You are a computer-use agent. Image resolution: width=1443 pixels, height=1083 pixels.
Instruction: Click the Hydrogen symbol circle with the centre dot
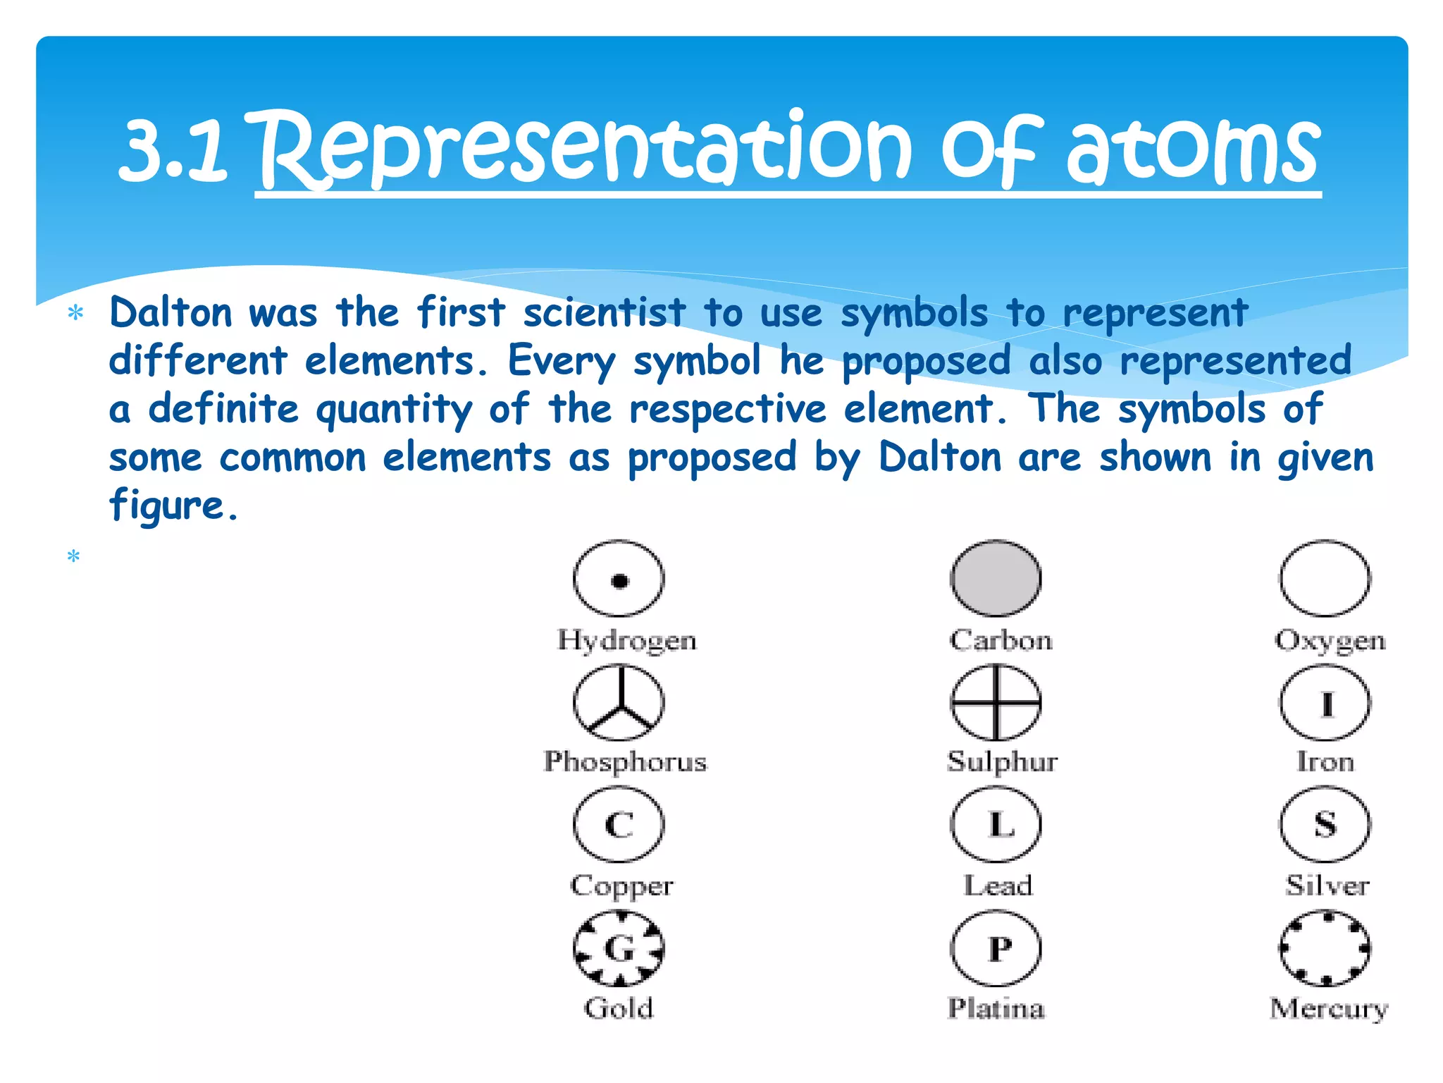point(619,579)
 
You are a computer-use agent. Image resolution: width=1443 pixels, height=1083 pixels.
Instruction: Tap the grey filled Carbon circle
point(996,579)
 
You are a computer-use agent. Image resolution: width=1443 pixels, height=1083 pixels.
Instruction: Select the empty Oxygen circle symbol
point(1325,579)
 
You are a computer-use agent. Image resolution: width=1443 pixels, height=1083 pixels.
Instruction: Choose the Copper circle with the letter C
point(619,824)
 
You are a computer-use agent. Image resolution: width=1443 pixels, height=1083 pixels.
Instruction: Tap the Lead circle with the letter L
point(996,824)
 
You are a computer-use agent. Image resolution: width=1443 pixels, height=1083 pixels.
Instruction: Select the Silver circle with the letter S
point(1325,824)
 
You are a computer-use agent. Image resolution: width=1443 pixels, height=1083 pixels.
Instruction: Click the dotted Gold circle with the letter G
point(619,948)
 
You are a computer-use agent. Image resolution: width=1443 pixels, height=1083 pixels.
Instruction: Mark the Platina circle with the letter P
point(996,948)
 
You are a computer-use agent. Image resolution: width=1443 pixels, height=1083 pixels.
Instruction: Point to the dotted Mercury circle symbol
point(1325,948)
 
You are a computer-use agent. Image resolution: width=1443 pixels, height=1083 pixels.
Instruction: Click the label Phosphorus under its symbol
point(625,762)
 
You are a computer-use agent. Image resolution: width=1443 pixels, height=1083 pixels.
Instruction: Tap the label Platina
point(996,1008)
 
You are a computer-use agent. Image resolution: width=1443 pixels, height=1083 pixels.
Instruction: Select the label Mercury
point(1328,1009)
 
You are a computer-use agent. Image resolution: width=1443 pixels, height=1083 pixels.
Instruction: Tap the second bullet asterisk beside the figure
point(73,557)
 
